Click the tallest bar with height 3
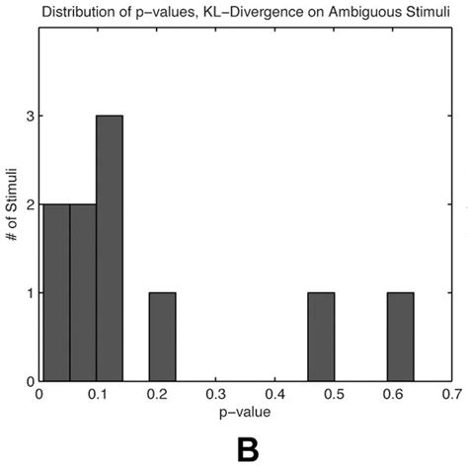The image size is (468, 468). coord(110,249)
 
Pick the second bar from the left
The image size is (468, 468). coord(83,293)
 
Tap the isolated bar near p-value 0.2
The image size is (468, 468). coord(163,337)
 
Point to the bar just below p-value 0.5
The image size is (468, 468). coord(321,337)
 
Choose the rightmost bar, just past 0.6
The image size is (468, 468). coord(401,337)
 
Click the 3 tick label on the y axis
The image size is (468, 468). coord(29,117)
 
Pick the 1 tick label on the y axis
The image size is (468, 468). coord(29,293)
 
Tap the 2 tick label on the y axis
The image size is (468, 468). coord(29,204)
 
